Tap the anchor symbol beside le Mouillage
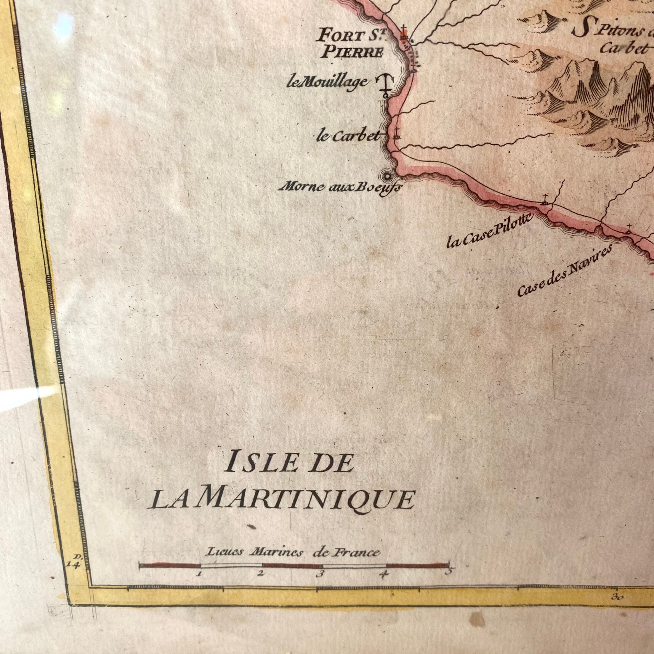[385, 86]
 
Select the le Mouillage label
[327, 82]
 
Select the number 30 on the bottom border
[617, 606]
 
